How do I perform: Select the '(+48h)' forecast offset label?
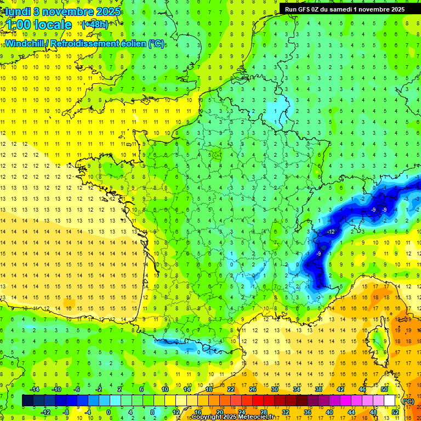click(x=95, y=25)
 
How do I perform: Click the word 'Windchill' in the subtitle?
click(x=24, y=43)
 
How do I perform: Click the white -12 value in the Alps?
click(x=331, y=232)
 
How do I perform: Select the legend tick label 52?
click(x=395, y=412)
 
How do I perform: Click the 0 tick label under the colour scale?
click(x=108, y=412)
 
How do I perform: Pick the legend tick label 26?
click(x=253, y=389)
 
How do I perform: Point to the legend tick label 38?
click(x=318, y=389)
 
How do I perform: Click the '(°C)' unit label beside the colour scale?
click(x=408, y=401)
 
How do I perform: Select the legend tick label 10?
click(x=165, y=389)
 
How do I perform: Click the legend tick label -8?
click(x=66, y=412)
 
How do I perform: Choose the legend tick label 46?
click(x=362, y=389)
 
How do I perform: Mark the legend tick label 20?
click(x=219, y=412)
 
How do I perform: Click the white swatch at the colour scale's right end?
click(x=390, y=401)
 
